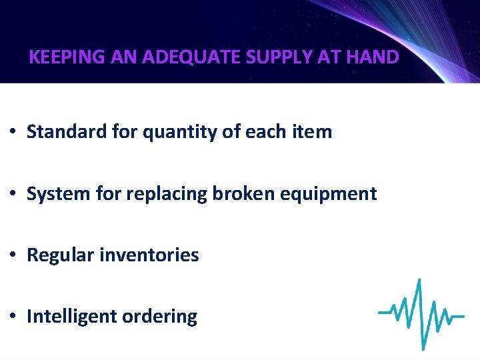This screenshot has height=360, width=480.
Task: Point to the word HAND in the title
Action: [x=374, y=57]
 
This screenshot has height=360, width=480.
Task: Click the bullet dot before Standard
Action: [x=13, y=133]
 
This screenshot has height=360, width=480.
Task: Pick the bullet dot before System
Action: [x=13, y=195]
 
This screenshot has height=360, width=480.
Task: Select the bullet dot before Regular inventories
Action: [x=13, y=255]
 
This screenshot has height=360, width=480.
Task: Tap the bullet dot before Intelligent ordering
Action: [x=13, y=317]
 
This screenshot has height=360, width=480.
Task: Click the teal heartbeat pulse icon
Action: [x=421, y=313]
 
